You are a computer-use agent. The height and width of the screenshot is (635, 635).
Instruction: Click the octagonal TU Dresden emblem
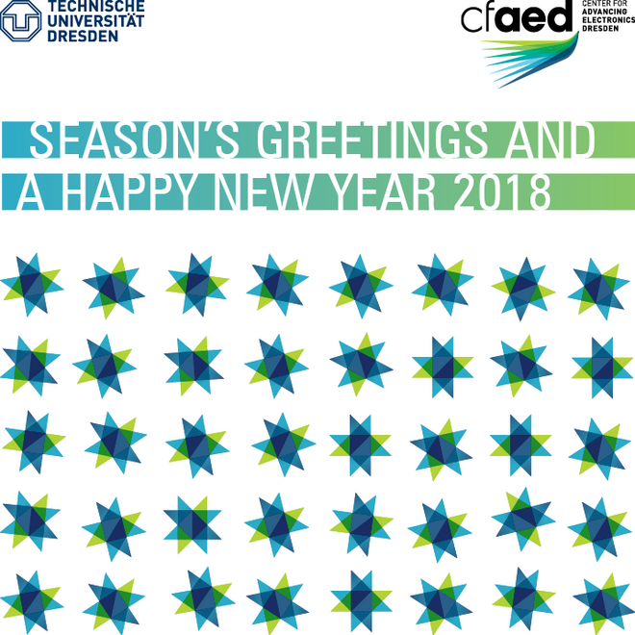tap(21, 20)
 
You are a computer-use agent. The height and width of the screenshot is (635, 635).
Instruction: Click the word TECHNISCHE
tap(96, 6)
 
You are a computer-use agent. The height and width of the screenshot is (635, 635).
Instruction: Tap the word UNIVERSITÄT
tap(95, 21)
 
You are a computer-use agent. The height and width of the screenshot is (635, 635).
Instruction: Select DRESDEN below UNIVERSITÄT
tap(83, 36)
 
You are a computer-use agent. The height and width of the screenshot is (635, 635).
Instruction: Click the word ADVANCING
tap(604, 12)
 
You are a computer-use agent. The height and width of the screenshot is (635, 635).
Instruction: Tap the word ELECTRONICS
tap(608, 20)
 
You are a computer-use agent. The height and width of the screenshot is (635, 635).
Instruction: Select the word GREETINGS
tap(371, 140)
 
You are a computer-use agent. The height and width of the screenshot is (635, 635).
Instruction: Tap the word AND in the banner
tap(549, 140)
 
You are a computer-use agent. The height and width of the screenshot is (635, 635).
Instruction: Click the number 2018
tap(502, 192)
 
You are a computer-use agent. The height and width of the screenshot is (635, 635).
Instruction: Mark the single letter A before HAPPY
tap(31, 192)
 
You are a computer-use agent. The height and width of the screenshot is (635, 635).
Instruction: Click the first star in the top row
tap(32, 284)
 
